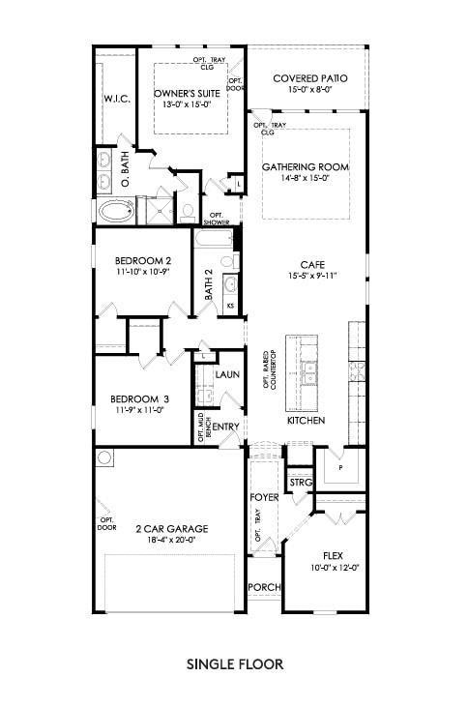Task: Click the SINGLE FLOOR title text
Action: click(x=234, y=665)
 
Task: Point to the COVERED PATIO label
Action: click(x=310, y=77)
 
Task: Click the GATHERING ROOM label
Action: click(x=306, y=166)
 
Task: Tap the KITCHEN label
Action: click(x=306, y=421)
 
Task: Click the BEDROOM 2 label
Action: click(x=142, y=261)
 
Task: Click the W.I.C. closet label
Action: click(x=116, y=100)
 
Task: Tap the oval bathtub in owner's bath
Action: click(x=114, y=210)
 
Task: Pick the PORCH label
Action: click(x=263, y=587)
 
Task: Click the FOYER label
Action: click(x=264, y=497)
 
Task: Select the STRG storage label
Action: click(x=300, y=483)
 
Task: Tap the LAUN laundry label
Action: click(x=227, y=374)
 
